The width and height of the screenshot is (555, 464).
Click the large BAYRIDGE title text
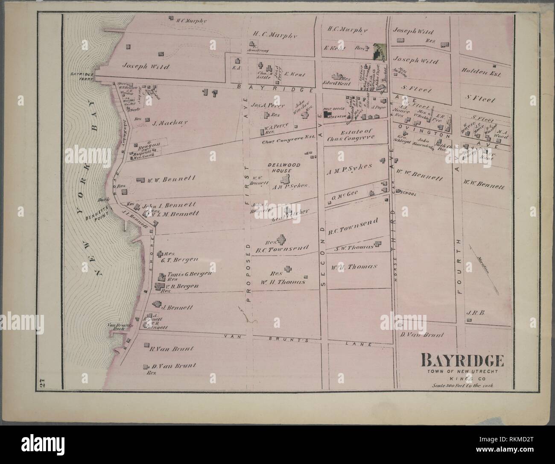point(462,361)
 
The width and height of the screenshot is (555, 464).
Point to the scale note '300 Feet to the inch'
point(462,385)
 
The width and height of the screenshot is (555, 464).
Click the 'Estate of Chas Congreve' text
point(351,135)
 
